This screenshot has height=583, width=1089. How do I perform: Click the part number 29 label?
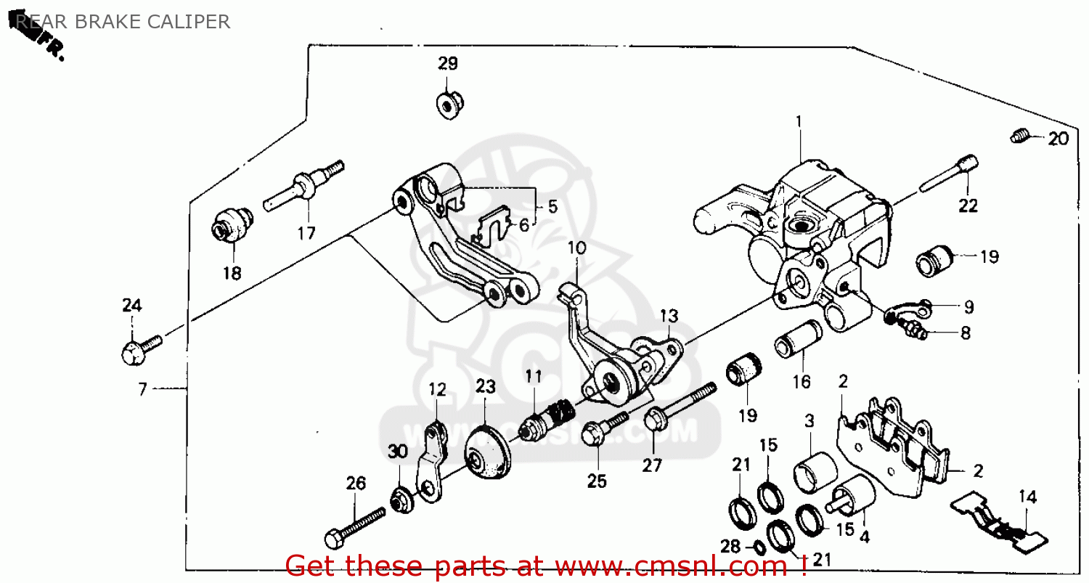[447, 63]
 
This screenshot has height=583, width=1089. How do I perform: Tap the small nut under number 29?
[446, 105]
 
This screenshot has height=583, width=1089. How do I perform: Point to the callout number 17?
[306, 233]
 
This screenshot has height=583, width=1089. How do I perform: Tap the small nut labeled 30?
[400, 500]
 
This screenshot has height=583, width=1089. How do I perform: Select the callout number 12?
[437, 390]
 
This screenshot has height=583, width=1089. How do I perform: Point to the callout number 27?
[652, 465]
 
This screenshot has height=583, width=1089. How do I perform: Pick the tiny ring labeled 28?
[755, 546]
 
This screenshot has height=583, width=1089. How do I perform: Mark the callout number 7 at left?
[142, 389]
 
